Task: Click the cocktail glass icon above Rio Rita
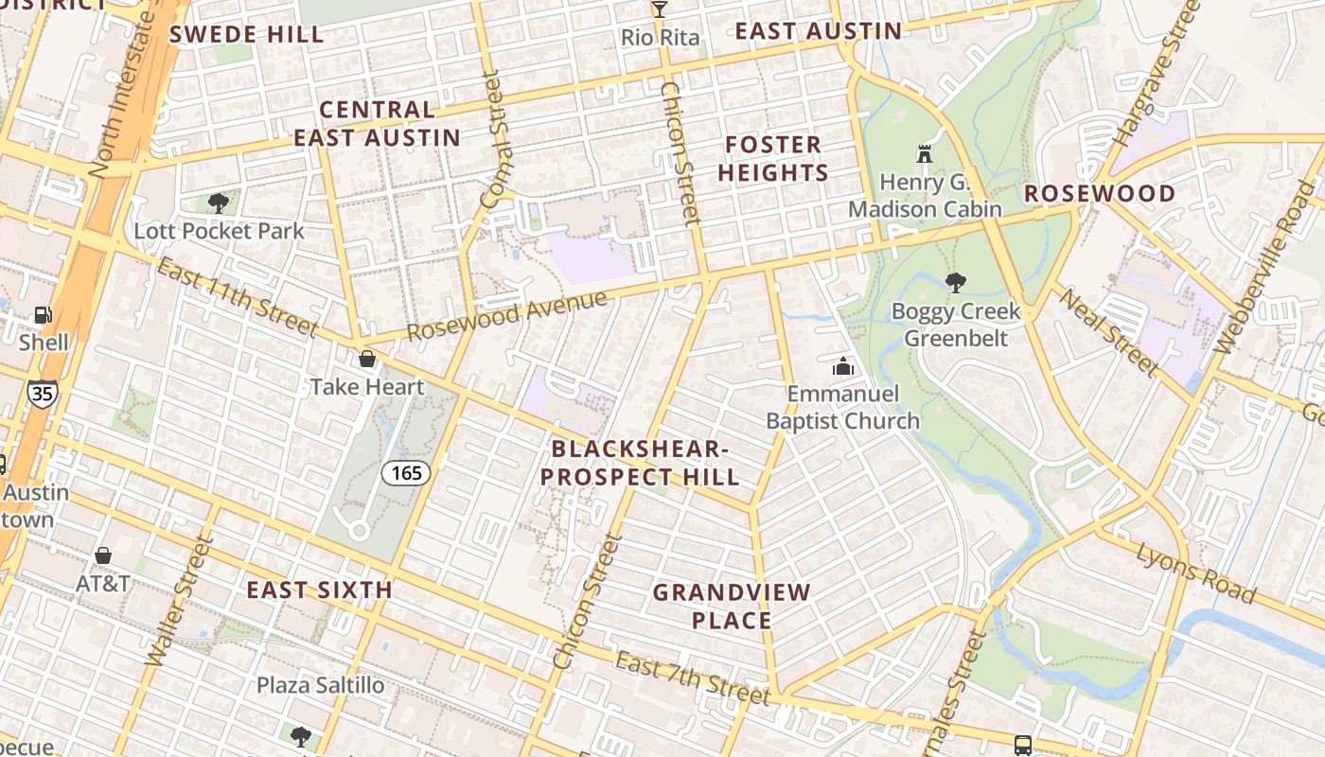pyautogui.click(x=659, y=9)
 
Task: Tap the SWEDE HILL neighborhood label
pyautogui.click(x=246, y=35)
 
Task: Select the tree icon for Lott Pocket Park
pyautogui.click(x=219, y=202)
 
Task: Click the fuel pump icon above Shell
pyautogui.click(x=43, y=315)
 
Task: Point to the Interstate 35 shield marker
pyautogui.click(x=42, y=393)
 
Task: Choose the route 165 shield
pyautogui.click(x=406, y=472)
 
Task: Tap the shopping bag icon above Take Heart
pyautogui.click(x=367, y=359)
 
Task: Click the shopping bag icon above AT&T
pyautogui.click(x=103, y=555)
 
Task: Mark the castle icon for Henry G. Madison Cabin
pyautogui.click(x=924, y=153)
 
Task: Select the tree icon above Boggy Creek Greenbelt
pyautogui.click(x=956, y=282)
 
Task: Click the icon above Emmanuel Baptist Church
pyautogui.click(x=842, y=366)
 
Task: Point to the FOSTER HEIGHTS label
pyautogui.click(x=773, y=159)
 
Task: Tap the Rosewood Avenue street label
pyautogui.click(x=506, y=316)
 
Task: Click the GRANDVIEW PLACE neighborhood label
pyautogui.click(x=733, y=607)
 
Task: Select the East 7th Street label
pyautogui.click(x=694, y=678)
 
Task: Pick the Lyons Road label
pyautogui.click(x=1196, y=572)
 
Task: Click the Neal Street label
pyautogui.click(x=1108, y=330)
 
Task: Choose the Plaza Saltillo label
pyautogui.click(x=321, y=685)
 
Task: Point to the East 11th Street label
pyautogui.click(x=236, y=299)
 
